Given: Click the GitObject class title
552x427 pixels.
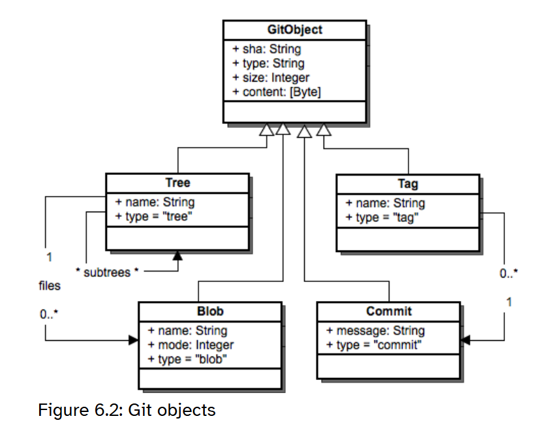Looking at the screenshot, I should [x=294, y=30].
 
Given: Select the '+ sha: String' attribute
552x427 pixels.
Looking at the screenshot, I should [x=266, y=49].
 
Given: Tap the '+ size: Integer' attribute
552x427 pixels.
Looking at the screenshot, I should [x=271, y=78].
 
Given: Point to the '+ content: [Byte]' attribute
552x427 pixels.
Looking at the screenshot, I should [x=277, y=92].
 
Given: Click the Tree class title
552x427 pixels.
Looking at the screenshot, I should [x=177, y=183].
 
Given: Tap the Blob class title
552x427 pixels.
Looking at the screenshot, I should [x=210, y=311].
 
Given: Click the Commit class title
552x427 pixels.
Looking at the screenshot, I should [x=389, y=311].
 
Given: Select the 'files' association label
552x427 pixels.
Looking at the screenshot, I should [x=50, y=285].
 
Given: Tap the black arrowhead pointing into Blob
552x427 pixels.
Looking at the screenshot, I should [x=134, y=340].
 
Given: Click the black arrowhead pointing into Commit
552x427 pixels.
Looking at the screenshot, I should [x=465, y=340].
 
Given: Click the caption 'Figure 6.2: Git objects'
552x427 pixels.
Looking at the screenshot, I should [x=127, y=410].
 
